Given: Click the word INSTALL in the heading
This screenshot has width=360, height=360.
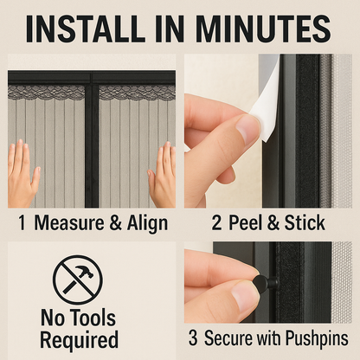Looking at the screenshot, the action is (x=85, y=29).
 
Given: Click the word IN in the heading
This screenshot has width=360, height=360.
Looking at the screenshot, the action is (x=170, y=29).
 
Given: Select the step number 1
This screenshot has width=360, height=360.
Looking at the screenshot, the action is (x=22, y=222).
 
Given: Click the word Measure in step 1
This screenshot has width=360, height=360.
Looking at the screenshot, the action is (x=69, y=222).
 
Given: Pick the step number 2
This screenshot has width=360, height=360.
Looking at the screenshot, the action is (x=216, y=222).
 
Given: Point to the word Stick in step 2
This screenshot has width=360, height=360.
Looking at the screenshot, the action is (x=305, y=222).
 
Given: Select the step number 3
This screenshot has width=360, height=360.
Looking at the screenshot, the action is (x=193, y=338).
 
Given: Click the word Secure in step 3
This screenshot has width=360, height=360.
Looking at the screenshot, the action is (x=228, y=338).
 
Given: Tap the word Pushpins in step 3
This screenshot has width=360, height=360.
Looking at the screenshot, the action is (x=317, y=339).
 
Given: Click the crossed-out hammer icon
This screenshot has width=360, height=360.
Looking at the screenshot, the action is (x=78, y=280).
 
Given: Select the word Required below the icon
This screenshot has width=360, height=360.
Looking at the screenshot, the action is (x=79, y=340).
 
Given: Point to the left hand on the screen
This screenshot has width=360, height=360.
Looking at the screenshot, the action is (x=22, y=175).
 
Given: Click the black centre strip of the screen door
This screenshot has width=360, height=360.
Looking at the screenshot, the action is (x=92, y=140).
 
